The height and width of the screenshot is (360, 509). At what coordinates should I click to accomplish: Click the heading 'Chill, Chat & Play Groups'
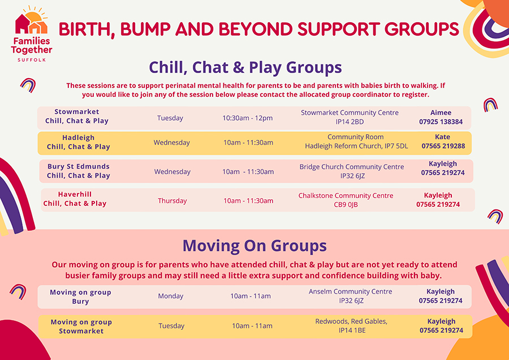click(x=245, y=67)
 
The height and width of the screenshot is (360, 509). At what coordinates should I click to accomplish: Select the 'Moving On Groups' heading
click(x=254, y=246)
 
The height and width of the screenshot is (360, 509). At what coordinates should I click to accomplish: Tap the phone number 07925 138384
click(x=441, y=122)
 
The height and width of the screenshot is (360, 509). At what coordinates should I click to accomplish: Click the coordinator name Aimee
click(x=441, y=113)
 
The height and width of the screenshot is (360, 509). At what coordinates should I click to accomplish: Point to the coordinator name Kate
click(x=443, y=137)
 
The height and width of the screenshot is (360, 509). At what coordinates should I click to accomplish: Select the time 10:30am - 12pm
click(x=247, y=118)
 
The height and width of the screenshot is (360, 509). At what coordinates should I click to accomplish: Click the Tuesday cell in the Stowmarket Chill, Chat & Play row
click(x=170, y=118)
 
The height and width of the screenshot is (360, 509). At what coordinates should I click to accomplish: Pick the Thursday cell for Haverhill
click(x=172, y=200)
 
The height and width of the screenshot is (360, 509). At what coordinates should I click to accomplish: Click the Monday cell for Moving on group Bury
click(x=171, y=296)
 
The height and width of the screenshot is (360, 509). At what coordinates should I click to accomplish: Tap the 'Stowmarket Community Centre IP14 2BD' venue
click(x=350, y=117)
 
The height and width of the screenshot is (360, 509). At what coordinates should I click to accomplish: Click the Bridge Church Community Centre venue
click(x=352, y=171)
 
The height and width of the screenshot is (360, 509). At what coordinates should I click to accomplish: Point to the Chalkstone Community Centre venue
click(x=346, y=200)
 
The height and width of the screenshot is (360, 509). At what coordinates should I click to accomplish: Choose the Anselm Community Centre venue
click(x=350, y=296)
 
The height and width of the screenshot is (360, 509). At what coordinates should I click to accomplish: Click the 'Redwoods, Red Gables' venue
click(x=351, y=325)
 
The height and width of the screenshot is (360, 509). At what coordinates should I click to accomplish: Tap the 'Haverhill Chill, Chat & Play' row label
click(x=75, y=199)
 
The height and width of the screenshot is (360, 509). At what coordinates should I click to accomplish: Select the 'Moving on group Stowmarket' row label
click(x=81, y=326)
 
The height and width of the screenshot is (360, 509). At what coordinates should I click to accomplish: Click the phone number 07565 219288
click(x=443, y=146)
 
